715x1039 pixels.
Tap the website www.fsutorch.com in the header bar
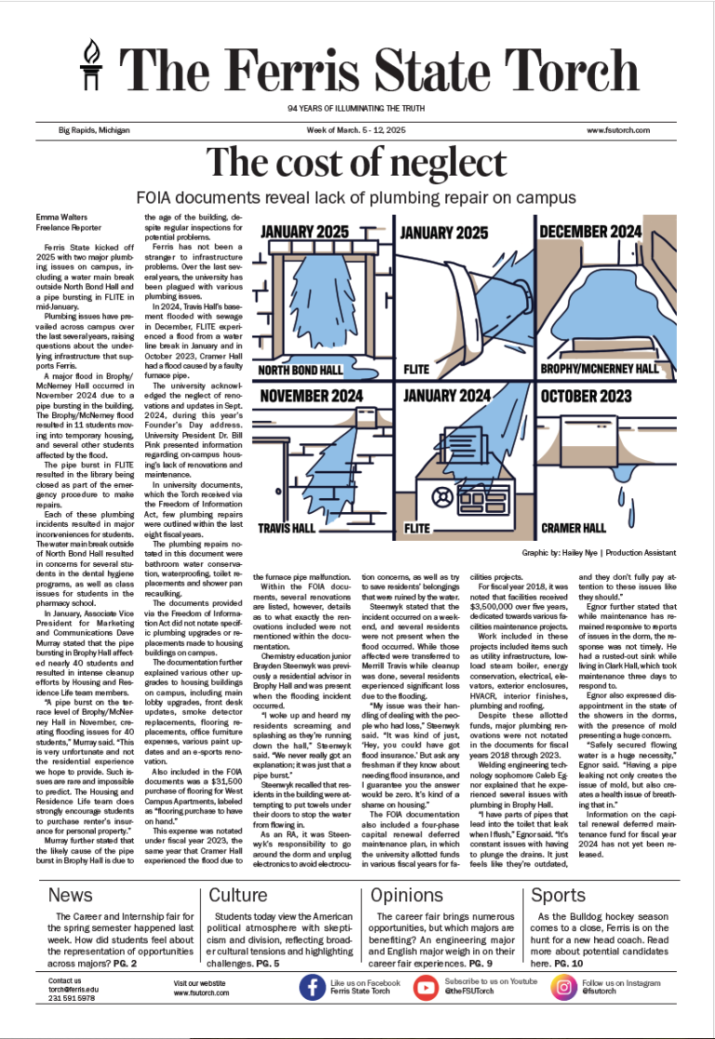click(617, 130)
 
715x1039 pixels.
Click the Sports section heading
click(558, 896)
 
